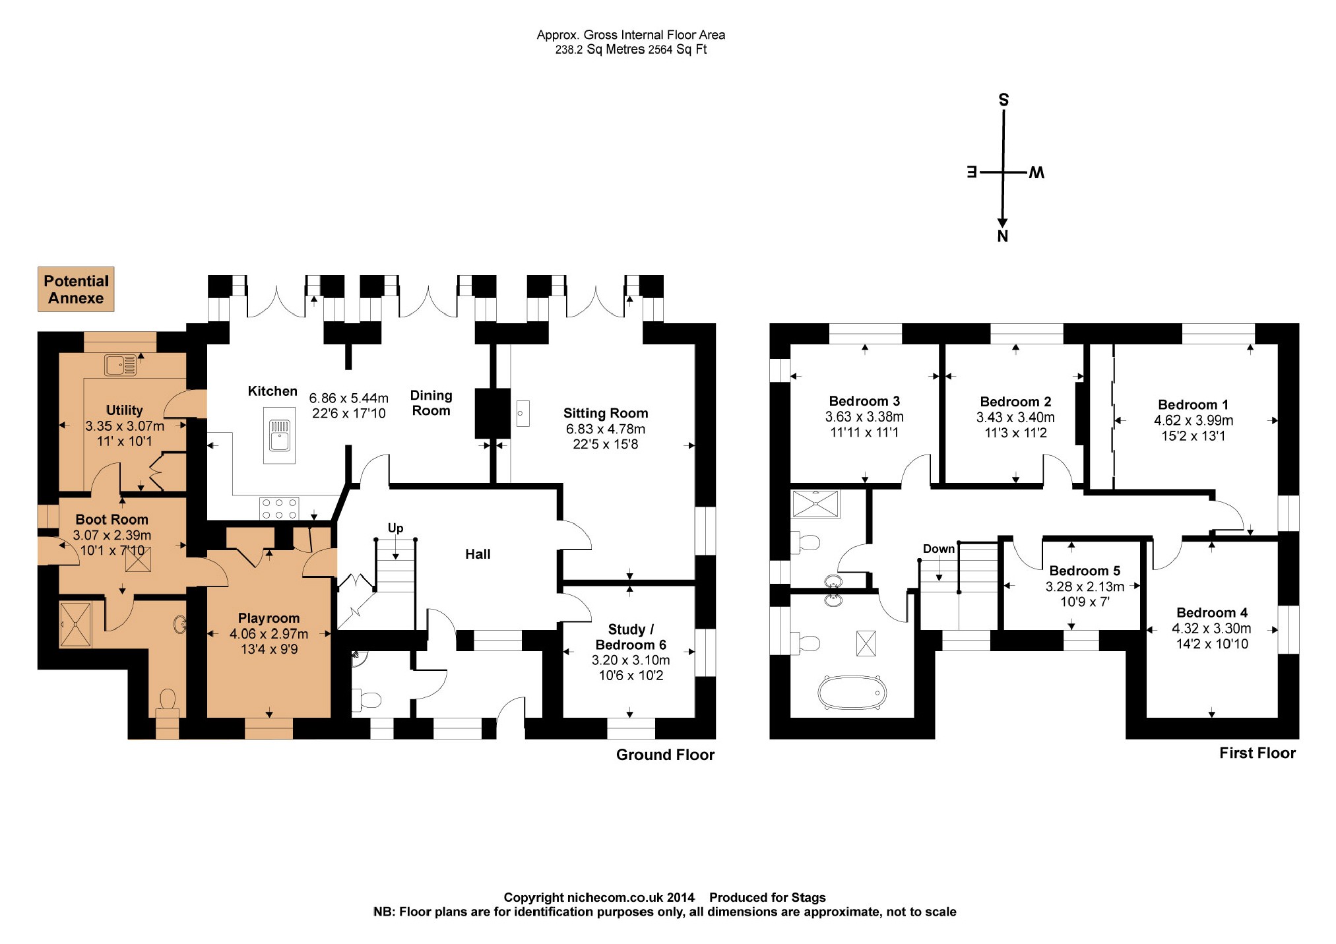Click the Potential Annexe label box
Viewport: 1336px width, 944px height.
coord(76,289)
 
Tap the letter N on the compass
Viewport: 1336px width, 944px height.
coord(1003,236)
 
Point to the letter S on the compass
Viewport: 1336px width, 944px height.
coord(1003,100)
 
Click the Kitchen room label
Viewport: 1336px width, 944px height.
coord(272,391)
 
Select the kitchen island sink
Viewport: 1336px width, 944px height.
coord(280,435)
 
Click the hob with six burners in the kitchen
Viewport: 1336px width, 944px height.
coord(279,509)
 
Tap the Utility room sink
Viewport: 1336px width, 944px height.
coord(120,365)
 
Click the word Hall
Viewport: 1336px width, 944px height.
coord(478,554)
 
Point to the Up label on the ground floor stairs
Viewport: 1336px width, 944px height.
coord(395,528)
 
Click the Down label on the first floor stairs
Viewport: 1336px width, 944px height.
coord(939,549)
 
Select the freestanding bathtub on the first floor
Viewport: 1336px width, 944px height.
coord(852,692)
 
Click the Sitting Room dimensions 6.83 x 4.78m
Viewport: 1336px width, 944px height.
coord(606,429)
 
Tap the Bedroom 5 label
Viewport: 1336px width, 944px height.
coord(1085,571)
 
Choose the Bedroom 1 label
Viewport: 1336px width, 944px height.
coord(1193,404)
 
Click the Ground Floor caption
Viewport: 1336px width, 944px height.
coord(665,755)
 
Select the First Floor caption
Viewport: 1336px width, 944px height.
coord(1257,753)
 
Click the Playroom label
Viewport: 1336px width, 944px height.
coord(269,618)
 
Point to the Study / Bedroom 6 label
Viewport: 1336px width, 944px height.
coord(631,637)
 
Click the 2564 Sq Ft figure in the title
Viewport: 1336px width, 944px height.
coord(678,49)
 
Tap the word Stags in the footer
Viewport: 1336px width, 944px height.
coord(808,897)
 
